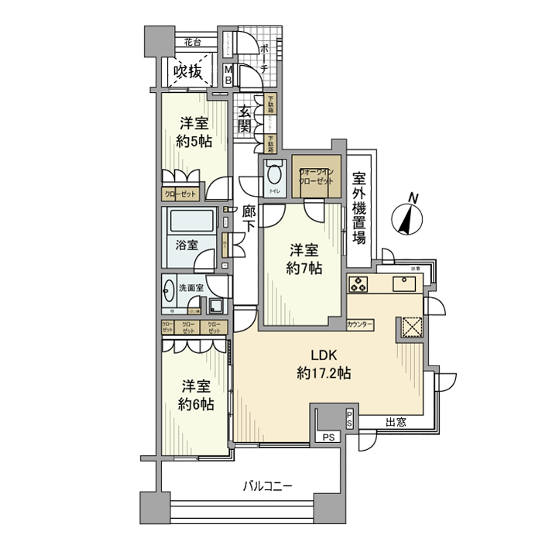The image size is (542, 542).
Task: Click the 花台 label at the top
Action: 193,42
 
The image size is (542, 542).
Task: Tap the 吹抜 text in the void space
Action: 188,73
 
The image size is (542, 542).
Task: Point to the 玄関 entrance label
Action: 245,119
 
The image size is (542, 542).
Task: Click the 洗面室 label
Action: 190,287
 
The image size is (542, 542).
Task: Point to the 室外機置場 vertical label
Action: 358,207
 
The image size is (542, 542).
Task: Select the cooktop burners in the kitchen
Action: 360,284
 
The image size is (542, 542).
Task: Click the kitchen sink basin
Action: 404,284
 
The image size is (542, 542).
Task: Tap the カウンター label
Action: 361,324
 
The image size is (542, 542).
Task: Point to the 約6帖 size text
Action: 196,403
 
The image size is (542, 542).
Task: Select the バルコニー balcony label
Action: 267,486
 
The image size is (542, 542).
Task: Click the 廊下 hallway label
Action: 249,218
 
